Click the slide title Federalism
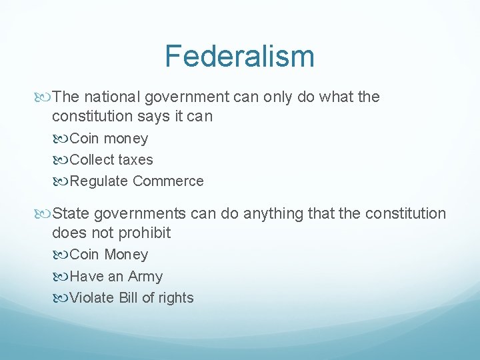tap(239, 56)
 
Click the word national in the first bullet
tap(109, 97)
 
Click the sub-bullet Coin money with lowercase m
tap(109, 139)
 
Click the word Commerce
tap(168, 181)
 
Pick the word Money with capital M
tap(127, 255)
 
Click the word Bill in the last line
tap(128, 298)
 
